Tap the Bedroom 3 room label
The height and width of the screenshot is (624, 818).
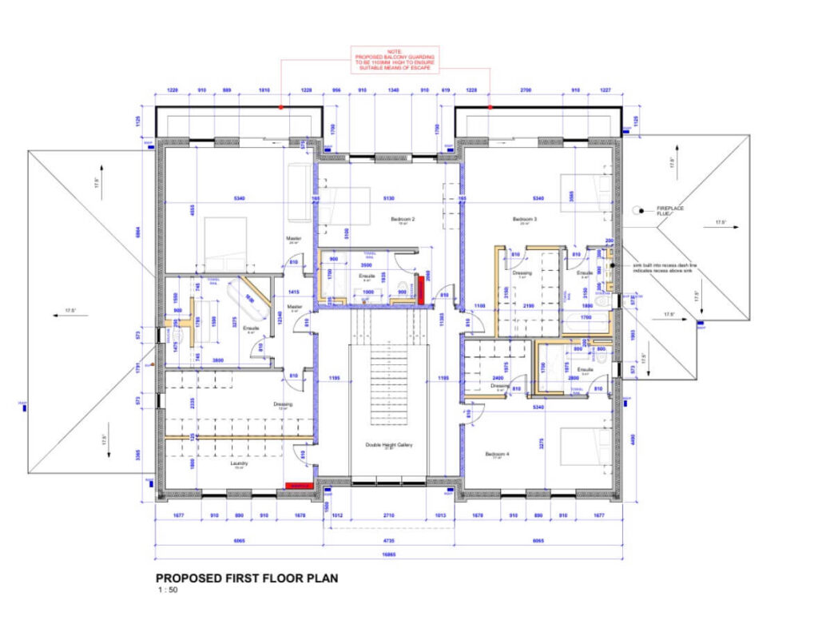click(524, 217)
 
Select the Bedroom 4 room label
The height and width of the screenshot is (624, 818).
click(496, 454)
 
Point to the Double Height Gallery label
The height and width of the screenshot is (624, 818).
click(388, 445)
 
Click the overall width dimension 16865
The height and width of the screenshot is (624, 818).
click(388, 556)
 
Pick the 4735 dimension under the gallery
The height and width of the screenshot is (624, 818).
click(388, 539)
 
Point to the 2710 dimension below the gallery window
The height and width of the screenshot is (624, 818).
click(388, 516)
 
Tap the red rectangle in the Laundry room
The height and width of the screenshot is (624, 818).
click(298, 485)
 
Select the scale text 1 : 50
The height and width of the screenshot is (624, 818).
click(169, 591)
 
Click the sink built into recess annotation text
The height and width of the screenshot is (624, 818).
click(665, 267)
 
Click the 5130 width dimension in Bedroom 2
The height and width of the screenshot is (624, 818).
click(388, 198)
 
